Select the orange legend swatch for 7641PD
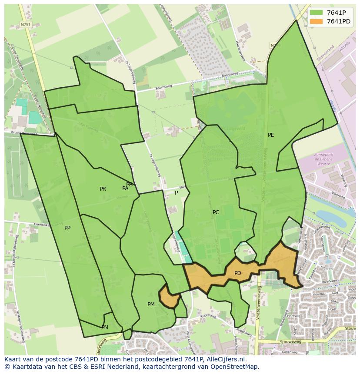coord(316,21)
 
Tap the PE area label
coord(271,135)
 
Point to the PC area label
coord(216,212)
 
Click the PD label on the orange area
coord(237,273)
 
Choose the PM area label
coord(151,304)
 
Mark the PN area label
coord(104,328)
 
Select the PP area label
coord(67,228)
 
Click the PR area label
coord(103,189)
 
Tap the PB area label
coord(129,185)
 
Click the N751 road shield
coord(26,25)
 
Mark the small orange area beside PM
coord(169,298)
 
